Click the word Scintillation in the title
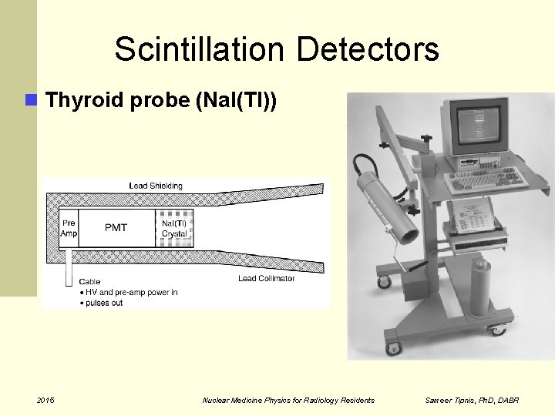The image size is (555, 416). [x=200, y=49]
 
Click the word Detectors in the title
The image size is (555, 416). [x=367, y=49]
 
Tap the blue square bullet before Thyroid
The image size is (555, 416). [x=31, y=99]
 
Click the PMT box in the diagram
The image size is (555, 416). [x=116, y=227]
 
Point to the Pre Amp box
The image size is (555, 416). [x=69, y=227]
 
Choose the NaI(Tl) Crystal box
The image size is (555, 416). [x=174, y=228]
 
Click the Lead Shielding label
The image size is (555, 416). [x=156, y=186]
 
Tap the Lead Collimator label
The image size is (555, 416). [x=266, y=278]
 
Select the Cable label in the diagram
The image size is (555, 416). [x=89, y=282]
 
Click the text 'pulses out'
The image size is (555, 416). [x=104, y=303]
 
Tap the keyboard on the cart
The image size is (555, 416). [x=486, y=178]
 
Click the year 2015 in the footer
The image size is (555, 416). [x=46, y=400]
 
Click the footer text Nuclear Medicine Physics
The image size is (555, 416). [x=254, y=400]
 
